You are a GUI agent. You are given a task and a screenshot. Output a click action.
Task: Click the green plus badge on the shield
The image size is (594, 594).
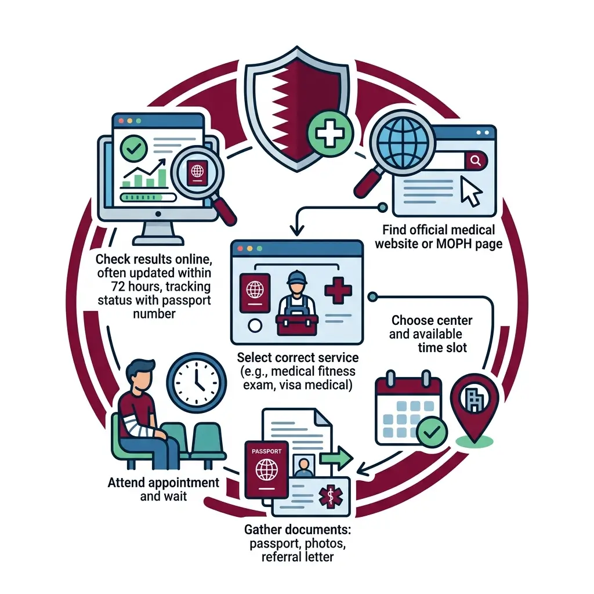click(329, 133)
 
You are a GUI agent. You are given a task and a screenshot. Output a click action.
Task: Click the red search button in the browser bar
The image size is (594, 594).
click(476, 161)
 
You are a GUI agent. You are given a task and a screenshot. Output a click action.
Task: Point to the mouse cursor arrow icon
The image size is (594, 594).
click(470, 191)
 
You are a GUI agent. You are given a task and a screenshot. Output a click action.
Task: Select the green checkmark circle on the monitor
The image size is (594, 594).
click(134, 148)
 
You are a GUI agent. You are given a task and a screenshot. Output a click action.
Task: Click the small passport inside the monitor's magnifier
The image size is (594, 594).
click(197, 173)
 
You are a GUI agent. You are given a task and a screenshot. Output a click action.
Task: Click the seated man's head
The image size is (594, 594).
click(140, 376)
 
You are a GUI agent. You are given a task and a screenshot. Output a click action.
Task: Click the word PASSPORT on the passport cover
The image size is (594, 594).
click(266, 451)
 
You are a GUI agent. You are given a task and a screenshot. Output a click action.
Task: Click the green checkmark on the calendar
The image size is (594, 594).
click(432, 432)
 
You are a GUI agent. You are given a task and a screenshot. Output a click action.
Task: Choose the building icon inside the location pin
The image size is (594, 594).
click(474, 399)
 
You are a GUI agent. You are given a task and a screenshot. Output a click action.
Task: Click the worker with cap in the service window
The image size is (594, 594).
click(296, 303)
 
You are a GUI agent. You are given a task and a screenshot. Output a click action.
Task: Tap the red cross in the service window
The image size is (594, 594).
click(338, 291)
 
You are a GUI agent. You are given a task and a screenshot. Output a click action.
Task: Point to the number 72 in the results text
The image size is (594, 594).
click(118, 286)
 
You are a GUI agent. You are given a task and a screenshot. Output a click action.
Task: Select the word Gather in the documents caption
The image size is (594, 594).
click(263, 529)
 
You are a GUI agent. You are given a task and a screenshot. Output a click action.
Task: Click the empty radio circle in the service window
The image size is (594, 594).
click(255, 325)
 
